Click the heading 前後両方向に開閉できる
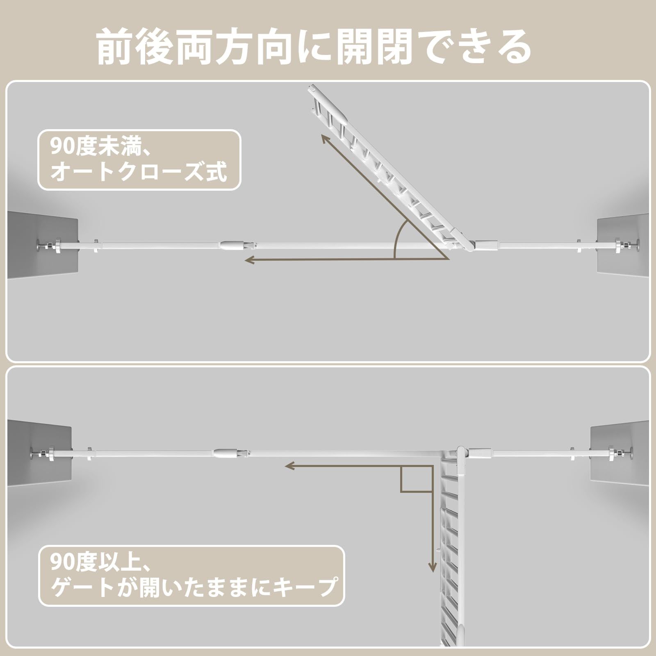point(314,46)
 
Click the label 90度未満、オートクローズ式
point(139,160)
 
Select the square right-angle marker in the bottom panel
point(416,479)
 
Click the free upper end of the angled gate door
point(312,89)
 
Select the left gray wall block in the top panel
point(43,244)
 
